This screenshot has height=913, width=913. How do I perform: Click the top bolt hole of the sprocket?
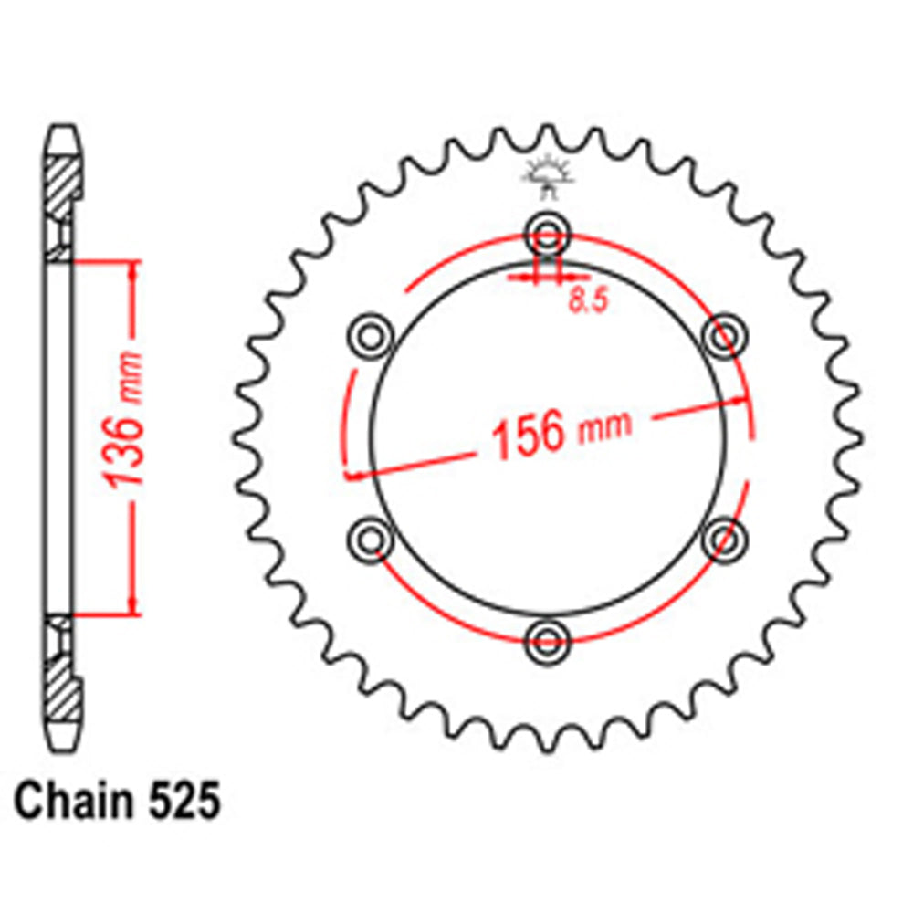pos(546,231)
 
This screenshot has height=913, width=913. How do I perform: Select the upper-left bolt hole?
pos(371,335)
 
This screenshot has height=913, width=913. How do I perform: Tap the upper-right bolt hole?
pos(724,335)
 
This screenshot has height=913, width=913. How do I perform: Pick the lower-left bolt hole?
pos(371,538)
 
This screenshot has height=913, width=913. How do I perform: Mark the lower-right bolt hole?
pos(724,538)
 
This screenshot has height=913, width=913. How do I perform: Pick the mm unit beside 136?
pos(131,375)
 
